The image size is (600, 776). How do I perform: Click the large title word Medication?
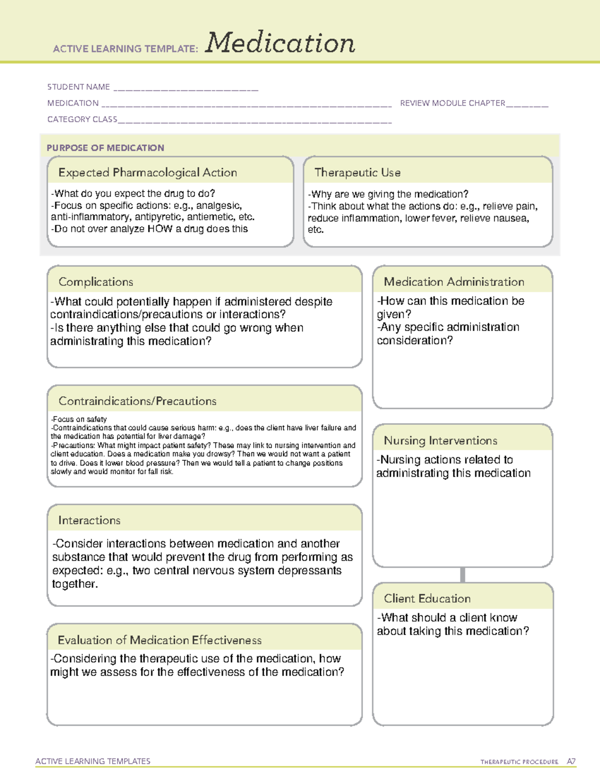coord(280,43)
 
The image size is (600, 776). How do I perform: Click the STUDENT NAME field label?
coord(78,87)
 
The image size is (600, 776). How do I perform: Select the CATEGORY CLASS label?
coord(82,119)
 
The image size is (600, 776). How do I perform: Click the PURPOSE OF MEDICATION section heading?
coord(105,148)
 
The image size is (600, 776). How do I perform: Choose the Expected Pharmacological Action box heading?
coord(147,173)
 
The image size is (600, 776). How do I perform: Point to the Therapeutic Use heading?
coord(357,173)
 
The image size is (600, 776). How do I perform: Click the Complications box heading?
coord(96,282)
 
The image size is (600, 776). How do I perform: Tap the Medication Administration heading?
coord(454,282)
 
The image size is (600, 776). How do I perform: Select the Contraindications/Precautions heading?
coord(137,401)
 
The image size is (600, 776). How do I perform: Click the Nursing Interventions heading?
coord(440,441)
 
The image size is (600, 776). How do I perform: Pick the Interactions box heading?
coord(89,521)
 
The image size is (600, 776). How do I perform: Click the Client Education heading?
coord(427,599)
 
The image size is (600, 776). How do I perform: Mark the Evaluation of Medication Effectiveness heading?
coord(159,641)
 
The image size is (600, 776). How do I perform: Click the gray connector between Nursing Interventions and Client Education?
coord(462,575)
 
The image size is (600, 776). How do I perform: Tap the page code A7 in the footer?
coord(571,762)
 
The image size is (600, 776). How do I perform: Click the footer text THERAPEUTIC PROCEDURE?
coord(519,762)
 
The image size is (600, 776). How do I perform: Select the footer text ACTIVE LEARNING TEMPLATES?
coord(93,761)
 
